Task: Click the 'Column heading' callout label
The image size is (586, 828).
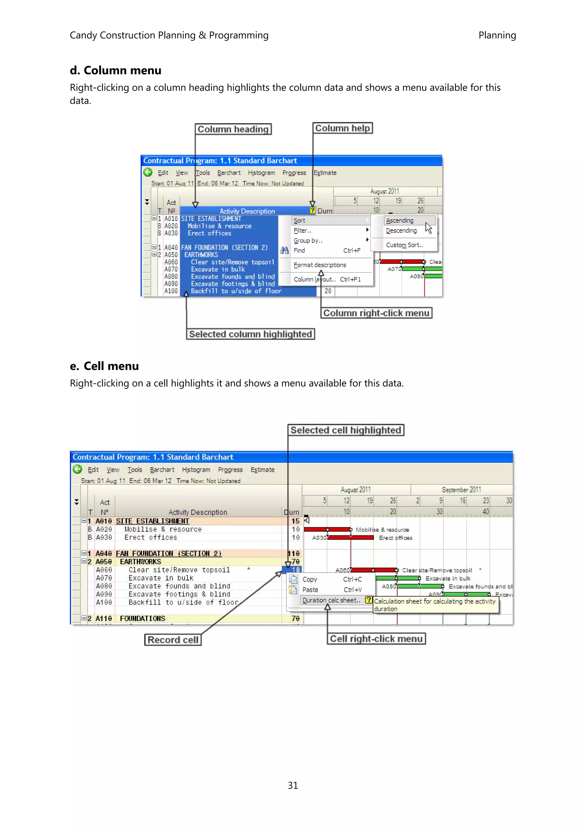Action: [233, 129]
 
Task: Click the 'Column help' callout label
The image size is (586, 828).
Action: [342, 128]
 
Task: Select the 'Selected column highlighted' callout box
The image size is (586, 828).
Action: [250, 334]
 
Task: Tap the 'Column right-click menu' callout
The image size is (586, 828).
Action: [376, 313]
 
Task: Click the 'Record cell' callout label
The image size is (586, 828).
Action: [173, 640]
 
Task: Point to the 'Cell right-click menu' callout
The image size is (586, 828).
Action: [376, 639]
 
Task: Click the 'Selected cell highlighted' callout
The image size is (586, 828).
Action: [346, 430]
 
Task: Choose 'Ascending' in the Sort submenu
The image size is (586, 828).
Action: [400, 220]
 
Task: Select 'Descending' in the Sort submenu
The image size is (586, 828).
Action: [401, 230]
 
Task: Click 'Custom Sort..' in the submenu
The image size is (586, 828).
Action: [404, 245]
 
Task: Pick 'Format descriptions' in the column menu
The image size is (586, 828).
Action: [320, 265]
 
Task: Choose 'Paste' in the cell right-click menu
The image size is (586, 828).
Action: [310, 590]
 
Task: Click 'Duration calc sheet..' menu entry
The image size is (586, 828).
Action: [331, 600]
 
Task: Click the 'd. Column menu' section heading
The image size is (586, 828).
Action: [116, 70]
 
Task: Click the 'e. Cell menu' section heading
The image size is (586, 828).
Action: [104, 366]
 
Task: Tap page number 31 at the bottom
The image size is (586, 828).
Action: [293, 785]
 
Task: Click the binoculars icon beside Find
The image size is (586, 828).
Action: [284, 250]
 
